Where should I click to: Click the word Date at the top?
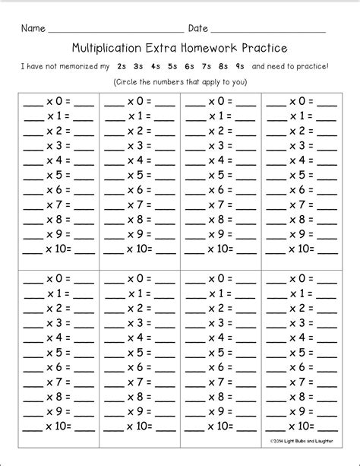tap(197, 29)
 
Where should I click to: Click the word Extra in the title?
tap(162, 48)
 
